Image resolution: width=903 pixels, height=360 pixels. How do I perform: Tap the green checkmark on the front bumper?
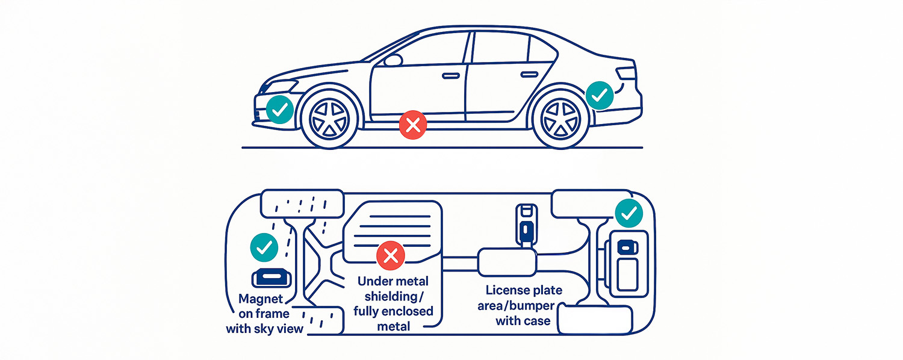coord(279,110)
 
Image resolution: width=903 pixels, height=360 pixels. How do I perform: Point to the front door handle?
coord(450,76)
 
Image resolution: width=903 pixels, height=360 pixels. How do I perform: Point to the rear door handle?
coord(529,74)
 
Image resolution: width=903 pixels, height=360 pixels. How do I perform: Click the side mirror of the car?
coord(393,60)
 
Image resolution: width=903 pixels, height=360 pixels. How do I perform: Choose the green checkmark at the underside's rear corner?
coord(628,213)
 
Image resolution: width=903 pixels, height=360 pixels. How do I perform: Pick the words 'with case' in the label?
coord(523,321)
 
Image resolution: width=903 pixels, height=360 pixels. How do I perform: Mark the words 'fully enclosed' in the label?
coord(394,311)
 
